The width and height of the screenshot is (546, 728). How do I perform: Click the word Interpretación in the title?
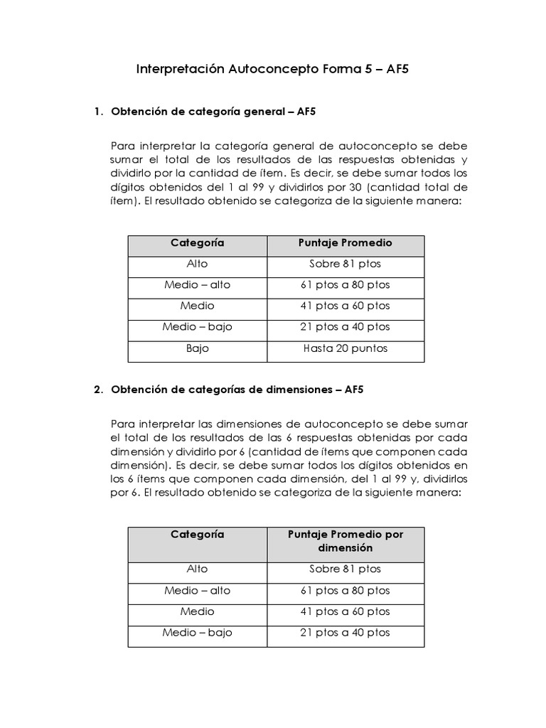(181, 70)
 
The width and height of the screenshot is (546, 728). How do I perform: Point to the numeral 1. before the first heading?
(99, 112)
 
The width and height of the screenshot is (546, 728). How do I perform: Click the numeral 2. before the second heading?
(99, 390)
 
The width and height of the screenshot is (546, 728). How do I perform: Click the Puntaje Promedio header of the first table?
(346, 243)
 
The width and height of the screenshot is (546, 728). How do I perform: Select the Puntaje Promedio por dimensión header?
(346, 541)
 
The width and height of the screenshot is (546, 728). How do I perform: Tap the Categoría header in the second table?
(197, 534)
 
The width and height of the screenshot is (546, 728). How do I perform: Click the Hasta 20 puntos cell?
(346, 349)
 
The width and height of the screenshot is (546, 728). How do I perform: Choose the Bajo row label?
(197, 349)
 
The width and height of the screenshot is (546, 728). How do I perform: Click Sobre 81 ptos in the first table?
(346, 264)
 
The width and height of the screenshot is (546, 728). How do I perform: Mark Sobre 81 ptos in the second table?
(346, 569)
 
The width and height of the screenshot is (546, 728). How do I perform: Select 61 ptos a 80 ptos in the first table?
(346, 285)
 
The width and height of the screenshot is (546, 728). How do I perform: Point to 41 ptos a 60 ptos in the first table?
(346, 306)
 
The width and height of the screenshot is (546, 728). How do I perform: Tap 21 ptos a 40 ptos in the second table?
(346, 632)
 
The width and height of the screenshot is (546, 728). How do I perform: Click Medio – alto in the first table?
(197, 285)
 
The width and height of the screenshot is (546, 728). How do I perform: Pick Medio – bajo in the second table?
(197, 632)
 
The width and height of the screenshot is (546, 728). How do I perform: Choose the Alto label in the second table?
(197, 569)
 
